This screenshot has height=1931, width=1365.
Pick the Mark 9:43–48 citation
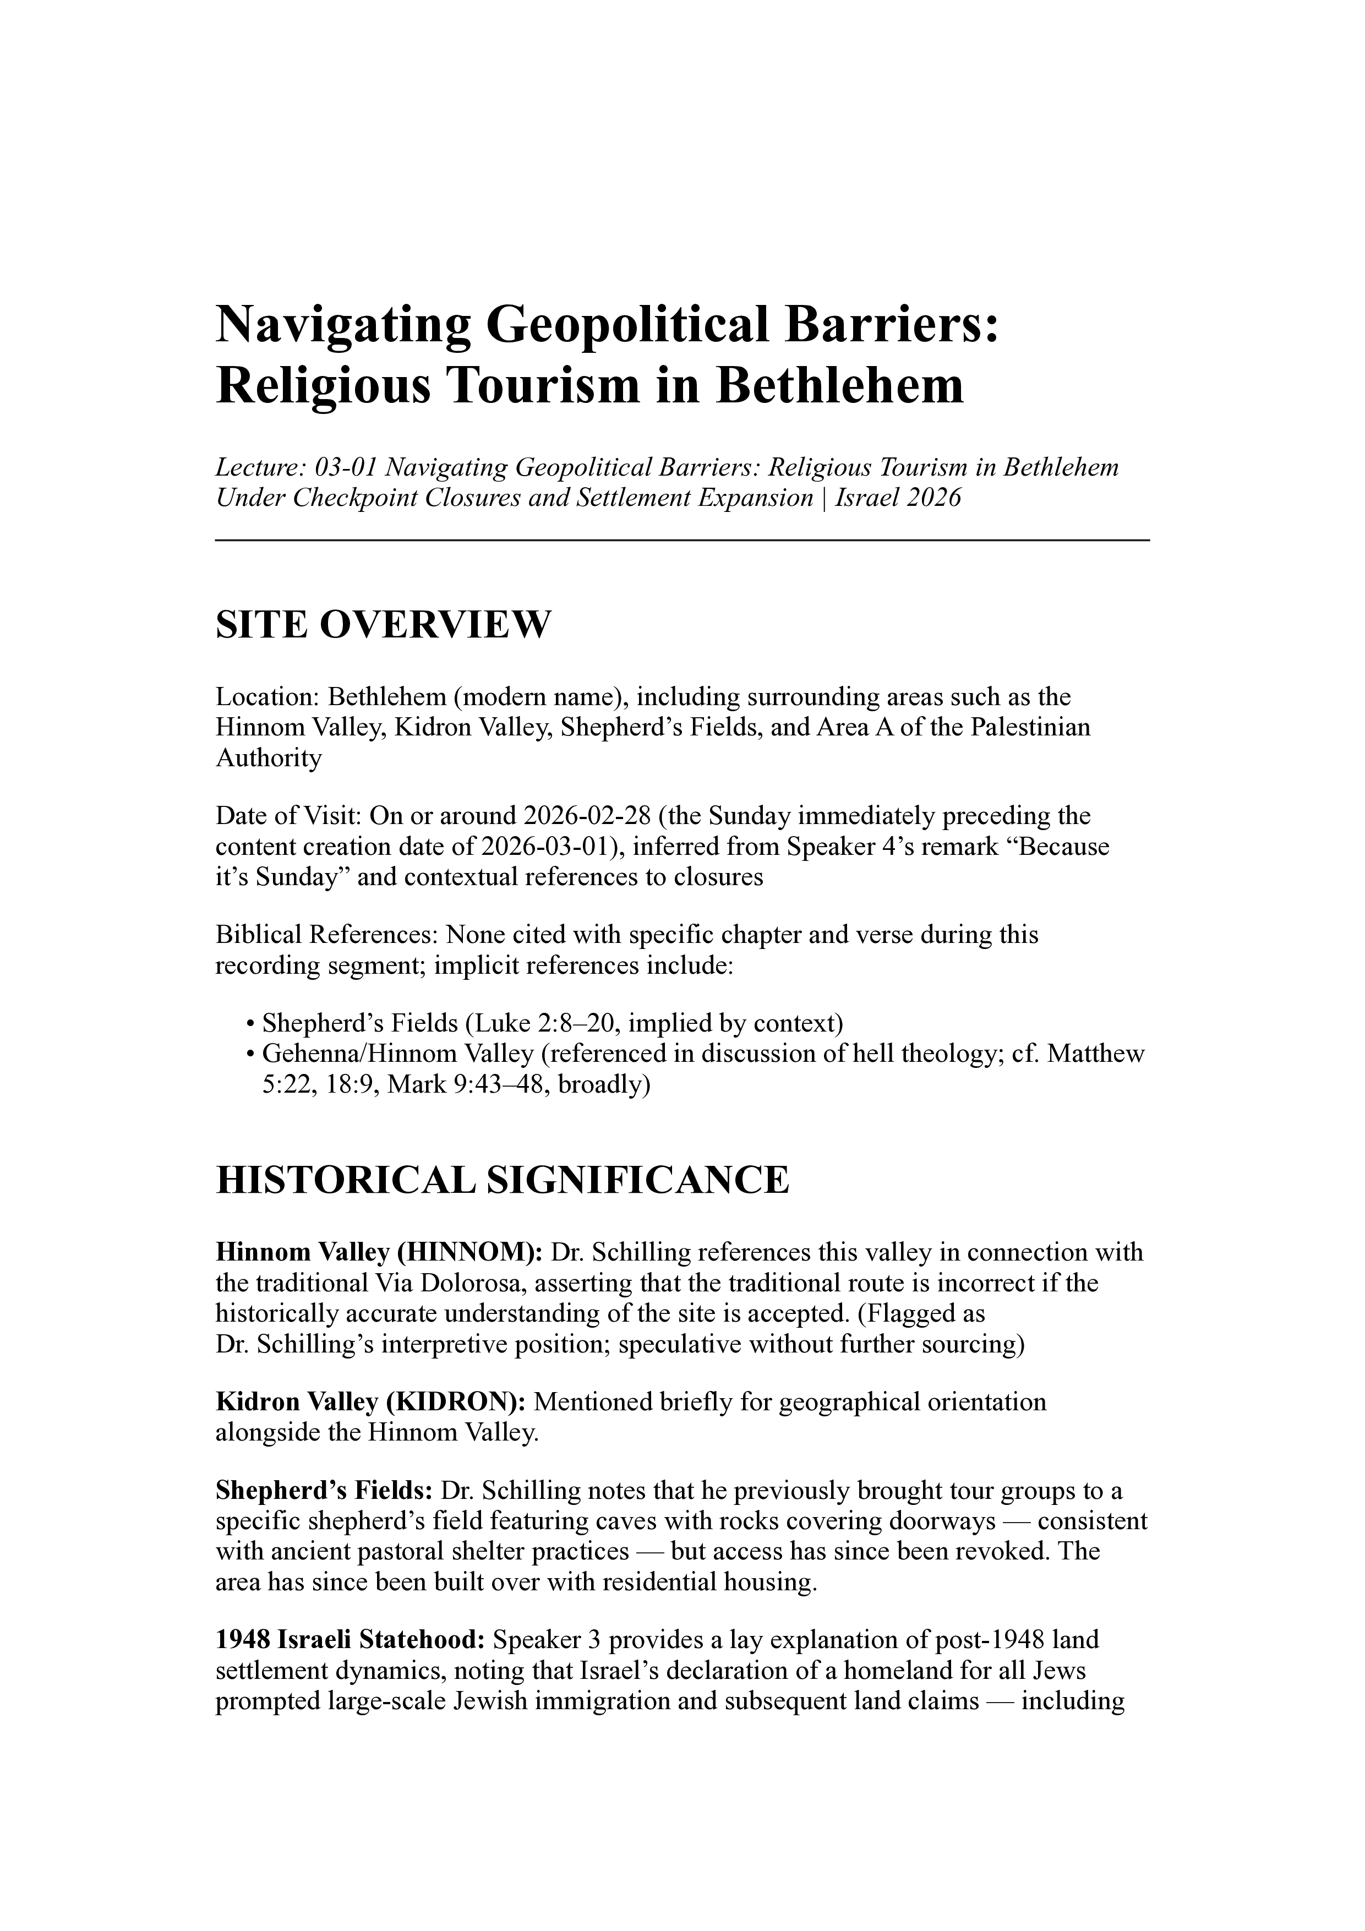point(462,1085)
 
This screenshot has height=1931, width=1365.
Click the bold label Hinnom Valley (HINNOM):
point(379,1252)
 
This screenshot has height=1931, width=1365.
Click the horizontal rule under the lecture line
point(682,540)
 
